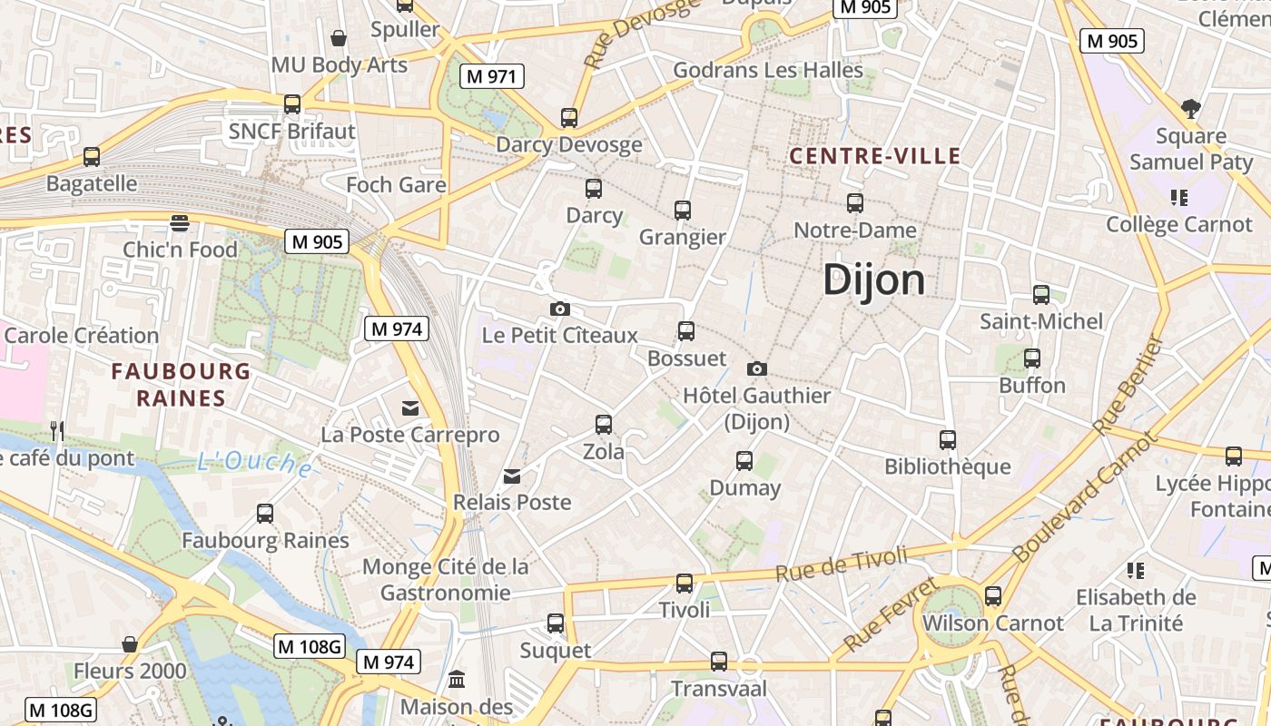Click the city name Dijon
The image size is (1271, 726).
pyautogui.click(x=873, y=280)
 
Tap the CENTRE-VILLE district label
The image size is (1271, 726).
pyautogui.click(x=874, y=156)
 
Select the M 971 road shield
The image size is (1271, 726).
pyautogui.click(x=492, y=76)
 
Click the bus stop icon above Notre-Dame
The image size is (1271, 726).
pyautogui.click(x=854, y=203)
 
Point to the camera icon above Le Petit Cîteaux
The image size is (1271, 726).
pyautogui.click(x=560, y=309)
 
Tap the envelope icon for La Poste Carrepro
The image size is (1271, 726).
pyautogui.click(x=410, y=408)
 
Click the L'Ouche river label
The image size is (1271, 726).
pyautogui.click(x=254, y=463)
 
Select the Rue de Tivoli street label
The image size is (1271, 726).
pyautogui.click(x=842, y=562)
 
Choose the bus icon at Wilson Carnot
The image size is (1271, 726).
pyautogui.click(x=993, y=596)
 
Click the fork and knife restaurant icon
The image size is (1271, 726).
pyautogui.click(x=57, y=431)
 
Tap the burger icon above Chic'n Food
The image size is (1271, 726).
pyautogui.click(x=180, y=223)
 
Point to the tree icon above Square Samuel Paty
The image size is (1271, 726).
pyautogui.click(x=1190, y=109)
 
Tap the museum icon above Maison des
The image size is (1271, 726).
pyautogui.click(x=457, y=680)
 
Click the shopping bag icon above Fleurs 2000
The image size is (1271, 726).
pyautogui.click(x=130, y=644)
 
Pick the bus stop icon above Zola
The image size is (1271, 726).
pyautogui.click(x=603, y=424)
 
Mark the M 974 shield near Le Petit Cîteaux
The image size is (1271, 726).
pyautogui.click(x=396, y=329)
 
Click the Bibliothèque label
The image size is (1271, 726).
pyautogui.click(x=948, y=466)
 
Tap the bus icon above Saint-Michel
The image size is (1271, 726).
pyautogui.click(x=1041, y=294)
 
